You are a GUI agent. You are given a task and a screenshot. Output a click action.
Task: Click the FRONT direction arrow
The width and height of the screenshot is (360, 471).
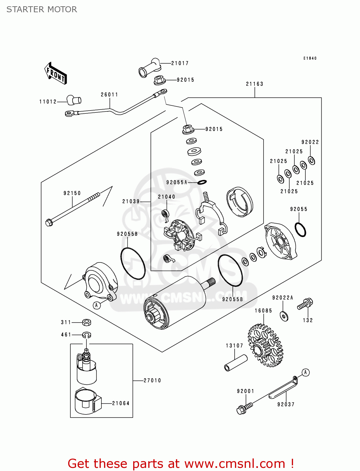(x=56, y=73)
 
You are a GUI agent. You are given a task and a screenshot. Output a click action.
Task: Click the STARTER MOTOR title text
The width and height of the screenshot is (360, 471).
(x=42, y=9)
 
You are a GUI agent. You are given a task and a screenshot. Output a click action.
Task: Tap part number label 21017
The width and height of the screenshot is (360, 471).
(x=180, y=63)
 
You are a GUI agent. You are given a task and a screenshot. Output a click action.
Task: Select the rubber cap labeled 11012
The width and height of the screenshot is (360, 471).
(x=74, y=100)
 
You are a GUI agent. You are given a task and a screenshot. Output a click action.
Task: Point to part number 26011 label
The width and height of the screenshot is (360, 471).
(x=109, y=95)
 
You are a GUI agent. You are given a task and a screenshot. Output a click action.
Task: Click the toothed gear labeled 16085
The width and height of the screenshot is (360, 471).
(x=265, y=345)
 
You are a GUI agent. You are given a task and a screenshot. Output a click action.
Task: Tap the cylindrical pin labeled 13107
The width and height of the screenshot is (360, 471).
(x=236, y=362)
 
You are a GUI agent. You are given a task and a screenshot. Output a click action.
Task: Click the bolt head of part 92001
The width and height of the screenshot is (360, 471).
(x=241, y=410)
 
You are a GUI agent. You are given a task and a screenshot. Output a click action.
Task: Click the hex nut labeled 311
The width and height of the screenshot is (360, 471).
(x=87, y=322)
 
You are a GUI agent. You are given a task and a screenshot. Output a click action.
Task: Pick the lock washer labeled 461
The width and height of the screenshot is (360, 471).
(x=87, y=335)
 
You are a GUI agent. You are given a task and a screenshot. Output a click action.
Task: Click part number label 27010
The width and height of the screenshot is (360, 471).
(x=152, y=381)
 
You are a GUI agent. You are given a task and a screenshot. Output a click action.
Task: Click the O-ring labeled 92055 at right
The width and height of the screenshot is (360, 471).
(x=300, y=230)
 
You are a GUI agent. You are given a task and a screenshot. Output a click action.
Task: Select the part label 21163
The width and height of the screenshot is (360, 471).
(x=254, y=84)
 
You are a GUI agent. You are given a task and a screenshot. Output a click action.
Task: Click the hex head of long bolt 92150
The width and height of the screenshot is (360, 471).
(x=49, y=223)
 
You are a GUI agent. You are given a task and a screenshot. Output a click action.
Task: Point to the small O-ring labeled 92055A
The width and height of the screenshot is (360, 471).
(x=202, y=182)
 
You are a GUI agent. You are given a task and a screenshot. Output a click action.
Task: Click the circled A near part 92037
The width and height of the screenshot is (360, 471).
(x=305, y=372)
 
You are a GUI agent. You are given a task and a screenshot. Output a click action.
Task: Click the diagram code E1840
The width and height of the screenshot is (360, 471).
(x=310, y=58)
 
